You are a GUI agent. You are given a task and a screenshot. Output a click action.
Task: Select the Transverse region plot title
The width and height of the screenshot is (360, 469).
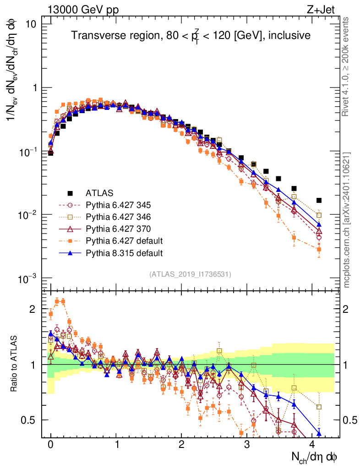(191, 36)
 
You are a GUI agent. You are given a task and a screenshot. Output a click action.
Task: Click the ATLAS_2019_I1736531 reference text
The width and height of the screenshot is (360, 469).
(190, 274)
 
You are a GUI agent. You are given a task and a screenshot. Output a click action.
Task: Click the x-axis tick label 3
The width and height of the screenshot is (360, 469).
(247, 444)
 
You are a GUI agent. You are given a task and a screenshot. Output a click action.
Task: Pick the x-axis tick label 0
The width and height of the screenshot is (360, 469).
(50, 444)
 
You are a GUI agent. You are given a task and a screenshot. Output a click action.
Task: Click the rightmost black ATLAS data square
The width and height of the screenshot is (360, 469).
(319, 200)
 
